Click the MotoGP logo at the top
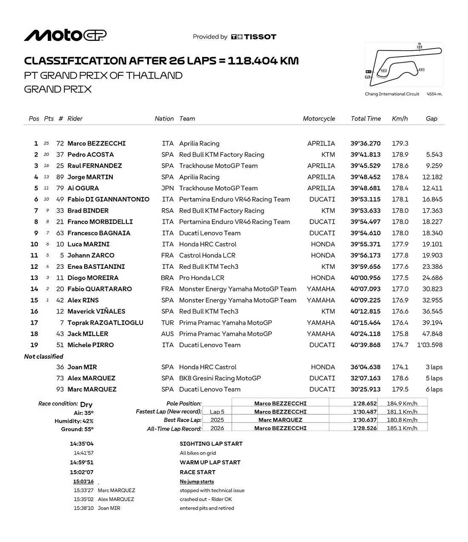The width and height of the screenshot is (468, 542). tap(65, 36)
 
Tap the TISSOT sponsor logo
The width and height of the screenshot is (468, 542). tap(254, 37)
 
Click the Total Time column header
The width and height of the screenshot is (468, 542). tap(365, 119)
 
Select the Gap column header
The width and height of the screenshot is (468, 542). tap(431, 119)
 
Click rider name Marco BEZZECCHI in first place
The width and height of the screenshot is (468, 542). tap(97, 143)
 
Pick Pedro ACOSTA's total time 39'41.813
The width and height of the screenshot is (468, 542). tap(365, 154)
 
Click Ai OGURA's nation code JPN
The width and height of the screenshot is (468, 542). tap(168, 188)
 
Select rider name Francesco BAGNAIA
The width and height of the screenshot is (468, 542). tap(99, 233)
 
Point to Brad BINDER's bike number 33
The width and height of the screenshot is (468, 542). tap(60, 211)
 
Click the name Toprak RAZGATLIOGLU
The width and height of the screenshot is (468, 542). tap(105, 322)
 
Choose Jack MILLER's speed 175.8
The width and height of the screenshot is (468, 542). tap(400, 334)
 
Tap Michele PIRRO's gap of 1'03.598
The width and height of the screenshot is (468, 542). tap(430, 345)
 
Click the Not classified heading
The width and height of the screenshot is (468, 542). tap(44, 357)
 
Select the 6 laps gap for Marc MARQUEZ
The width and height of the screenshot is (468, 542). tap(434, 389)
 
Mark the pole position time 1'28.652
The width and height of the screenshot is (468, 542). tap(365, 403)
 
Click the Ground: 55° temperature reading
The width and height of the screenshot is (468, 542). tap(77, 429)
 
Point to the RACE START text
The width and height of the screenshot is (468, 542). tap(197, 472)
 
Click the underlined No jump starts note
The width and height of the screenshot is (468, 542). tap(197, 482)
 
